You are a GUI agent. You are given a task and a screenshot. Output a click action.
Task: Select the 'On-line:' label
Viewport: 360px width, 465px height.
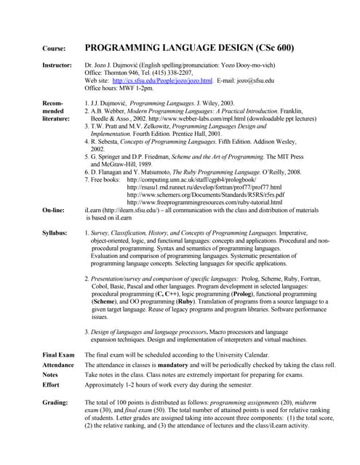pos(54,209)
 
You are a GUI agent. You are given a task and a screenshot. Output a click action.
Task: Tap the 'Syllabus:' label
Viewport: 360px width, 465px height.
pos(55,232)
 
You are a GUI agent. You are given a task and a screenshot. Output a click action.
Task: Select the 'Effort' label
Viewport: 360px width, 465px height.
pos(51,385)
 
